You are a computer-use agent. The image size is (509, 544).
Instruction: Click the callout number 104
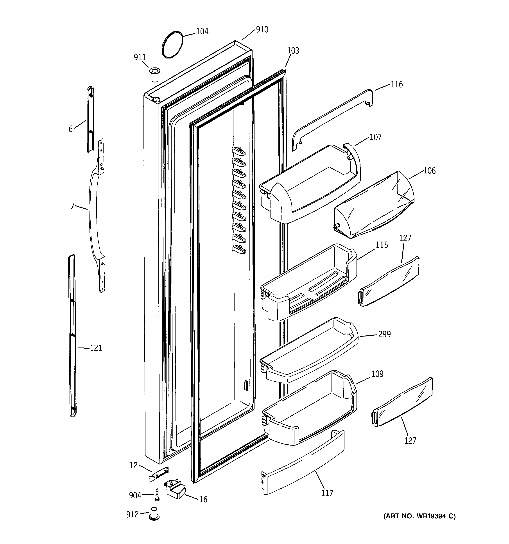point(202,31)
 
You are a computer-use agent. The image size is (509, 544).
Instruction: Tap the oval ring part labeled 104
point(172,44)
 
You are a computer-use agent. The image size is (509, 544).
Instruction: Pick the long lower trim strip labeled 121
point(72,337)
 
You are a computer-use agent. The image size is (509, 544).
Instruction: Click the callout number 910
point(262,29)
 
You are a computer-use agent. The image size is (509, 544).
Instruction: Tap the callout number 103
point(293,51)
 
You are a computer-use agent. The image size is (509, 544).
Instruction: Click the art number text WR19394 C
point(419,516)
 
